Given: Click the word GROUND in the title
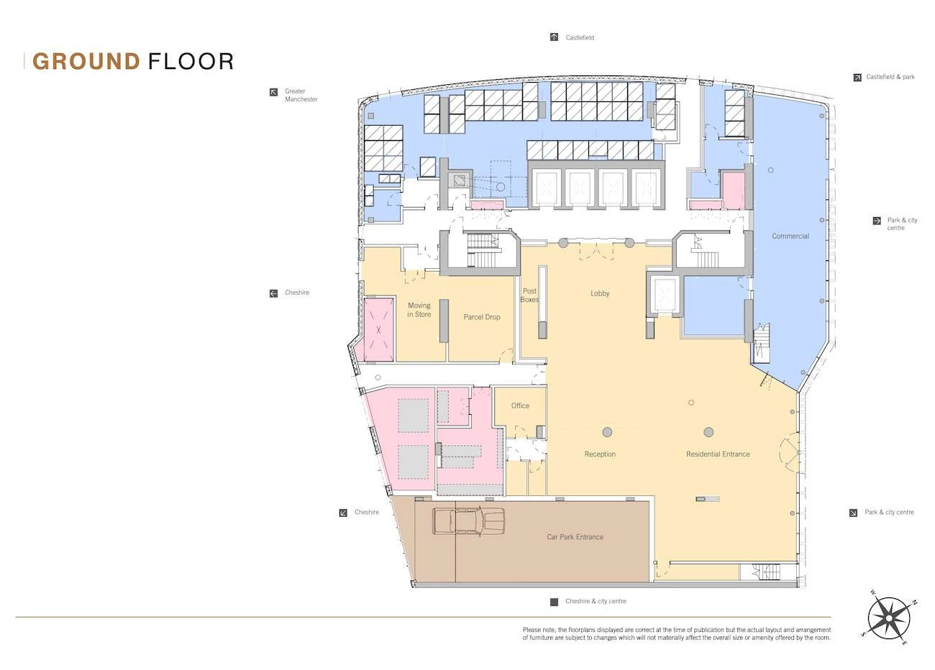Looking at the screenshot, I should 86,61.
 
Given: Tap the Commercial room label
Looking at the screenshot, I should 790,236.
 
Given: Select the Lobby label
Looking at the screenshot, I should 600,293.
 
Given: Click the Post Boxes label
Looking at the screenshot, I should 529,295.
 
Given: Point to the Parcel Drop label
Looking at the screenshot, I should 481,317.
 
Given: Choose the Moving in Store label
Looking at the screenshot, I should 419,310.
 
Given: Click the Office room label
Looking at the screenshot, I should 520,405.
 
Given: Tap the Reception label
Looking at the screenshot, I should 600,454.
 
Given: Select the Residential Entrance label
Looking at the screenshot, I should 717,454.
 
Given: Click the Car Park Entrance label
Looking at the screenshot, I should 575,537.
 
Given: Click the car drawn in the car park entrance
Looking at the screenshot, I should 468,521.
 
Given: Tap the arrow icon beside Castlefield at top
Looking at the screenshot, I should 554,37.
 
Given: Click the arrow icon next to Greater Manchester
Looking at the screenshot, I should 273,92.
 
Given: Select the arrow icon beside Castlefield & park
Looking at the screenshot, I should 857,77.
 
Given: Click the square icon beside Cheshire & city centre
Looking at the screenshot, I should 554,602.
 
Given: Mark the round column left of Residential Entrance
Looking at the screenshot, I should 708,432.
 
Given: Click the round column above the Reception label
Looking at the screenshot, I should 607,432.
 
